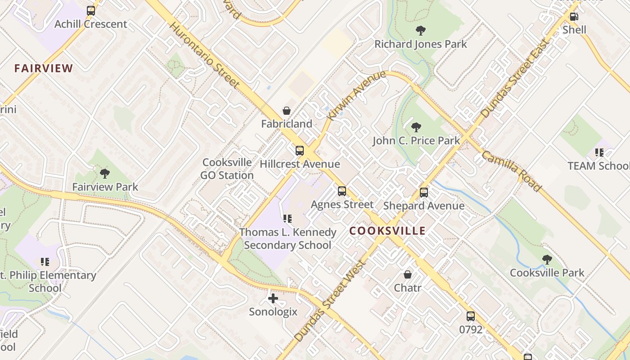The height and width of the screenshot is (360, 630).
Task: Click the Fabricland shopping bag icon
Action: (286, 111)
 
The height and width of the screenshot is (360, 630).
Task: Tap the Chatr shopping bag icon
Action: (407, 274)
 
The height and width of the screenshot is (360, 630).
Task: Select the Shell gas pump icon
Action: (574, 17)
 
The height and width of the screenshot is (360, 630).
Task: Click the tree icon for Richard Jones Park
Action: (421, 31)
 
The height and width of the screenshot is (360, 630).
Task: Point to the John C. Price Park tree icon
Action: (416, 127)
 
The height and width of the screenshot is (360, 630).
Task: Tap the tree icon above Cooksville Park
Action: (547, 259)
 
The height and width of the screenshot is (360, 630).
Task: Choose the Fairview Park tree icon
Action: (105, 173)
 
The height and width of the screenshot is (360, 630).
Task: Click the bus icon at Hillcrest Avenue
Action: (300, 150)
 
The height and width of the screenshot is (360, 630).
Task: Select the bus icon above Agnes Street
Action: (342, 191)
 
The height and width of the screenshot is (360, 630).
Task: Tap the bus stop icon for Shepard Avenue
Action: (423, 193)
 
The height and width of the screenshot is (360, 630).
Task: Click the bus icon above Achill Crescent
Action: (91, 11)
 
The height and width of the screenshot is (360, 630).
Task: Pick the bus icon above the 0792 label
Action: (470, 316)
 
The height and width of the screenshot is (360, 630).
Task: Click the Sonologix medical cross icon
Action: (273, 298)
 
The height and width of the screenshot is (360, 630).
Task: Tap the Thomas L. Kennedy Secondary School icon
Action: (287, 219)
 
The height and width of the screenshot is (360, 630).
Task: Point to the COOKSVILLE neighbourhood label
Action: (387, 231)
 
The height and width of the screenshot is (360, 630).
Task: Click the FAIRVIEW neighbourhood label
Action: (44, 68)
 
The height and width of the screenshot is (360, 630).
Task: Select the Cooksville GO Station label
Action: (227, 169)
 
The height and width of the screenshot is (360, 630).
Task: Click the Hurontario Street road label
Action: (205, 54)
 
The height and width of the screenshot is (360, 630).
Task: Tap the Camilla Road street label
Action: (511, 171)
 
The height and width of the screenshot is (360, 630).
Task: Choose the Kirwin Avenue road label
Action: (356, 95)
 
